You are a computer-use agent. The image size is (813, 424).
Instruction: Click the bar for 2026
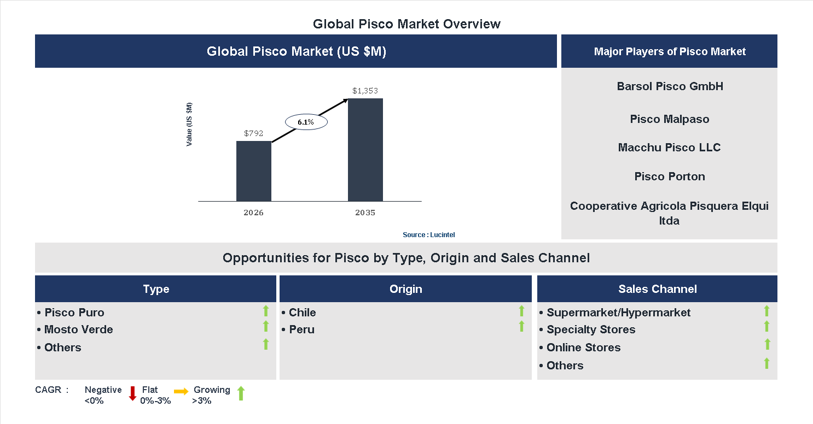(254, 171)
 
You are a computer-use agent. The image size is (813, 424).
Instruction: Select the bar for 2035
(365, 150)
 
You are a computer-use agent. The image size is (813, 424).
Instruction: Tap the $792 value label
(254, 133)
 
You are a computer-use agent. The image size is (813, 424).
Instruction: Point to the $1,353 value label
(365, 91)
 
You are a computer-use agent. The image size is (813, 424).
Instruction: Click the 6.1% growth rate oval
(306, 122)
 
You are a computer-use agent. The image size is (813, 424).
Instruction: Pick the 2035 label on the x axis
(365, 213)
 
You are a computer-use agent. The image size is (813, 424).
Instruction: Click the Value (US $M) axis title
(189, 124)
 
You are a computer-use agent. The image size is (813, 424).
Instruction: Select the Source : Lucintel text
(429, 234)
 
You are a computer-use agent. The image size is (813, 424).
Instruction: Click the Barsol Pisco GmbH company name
(670, 86)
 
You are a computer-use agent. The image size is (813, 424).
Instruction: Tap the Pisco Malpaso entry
(670, 119)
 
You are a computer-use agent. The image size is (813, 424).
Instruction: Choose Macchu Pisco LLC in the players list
(670, 148)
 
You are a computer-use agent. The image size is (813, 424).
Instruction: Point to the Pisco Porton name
(670, 176)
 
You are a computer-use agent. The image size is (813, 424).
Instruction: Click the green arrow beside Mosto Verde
(266, 326)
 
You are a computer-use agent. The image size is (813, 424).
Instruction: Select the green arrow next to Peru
(521, 326)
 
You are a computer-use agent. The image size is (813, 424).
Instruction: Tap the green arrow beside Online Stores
(767, 344)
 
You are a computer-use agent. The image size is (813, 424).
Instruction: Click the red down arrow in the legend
(132, 393)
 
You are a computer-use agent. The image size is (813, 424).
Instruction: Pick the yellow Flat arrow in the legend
(181, 391)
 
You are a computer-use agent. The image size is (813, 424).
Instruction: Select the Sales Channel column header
(658, 289)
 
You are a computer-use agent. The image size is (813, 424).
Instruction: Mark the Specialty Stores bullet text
(591, 329)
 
